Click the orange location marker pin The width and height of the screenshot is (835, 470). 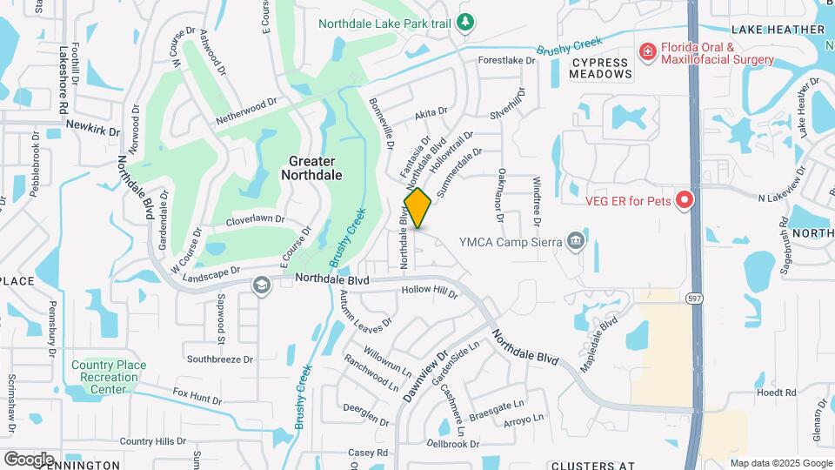click(417, 208)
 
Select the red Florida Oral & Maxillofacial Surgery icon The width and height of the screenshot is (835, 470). click(647, 53)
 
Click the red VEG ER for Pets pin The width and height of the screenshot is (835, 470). click(684, 201)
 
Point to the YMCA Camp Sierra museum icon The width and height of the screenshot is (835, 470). click(574, 241)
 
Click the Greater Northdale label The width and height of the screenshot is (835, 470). click(311, 168)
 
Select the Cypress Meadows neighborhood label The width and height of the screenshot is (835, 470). click(600, 69)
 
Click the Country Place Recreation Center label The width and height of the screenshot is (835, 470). click(109, 377)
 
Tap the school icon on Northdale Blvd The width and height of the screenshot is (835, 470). click(261, 285)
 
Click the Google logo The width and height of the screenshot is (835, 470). click(28, 459)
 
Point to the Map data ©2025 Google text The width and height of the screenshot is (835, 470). click(780, 463)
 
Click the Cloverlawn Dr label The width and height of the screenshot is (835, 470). click(255, 221)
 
